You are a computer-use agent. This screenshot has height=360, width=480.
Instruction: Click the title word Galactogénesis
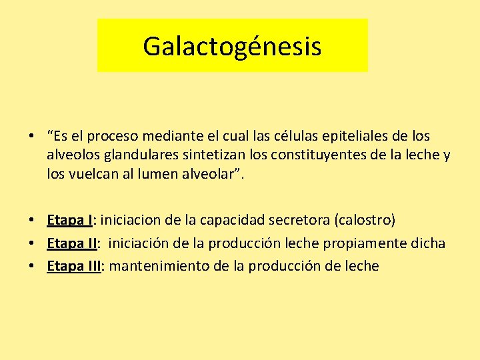point(232,47)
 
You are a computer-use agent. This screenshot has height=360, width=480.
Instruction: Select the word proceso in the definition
point(111,137)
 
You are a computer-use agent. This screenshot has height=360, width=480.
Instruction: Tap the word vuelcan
point(93,174)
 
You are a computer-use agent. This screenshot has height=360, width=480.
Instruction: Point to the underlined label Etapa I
point(69,220)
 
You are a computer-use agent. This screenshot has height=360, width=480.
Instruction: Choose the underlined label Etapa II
point(73,243)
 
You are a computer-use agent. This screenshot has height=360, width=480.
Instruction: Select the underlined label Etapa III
point(73,267)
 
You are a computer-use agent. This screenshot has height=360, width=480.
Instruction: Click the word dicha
point(429,243)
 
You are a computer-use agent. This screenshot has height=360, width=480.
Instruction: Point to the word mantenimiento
point(159,267)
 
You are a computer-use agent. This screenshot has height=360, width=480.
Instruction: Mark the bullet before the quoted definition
point(31,137)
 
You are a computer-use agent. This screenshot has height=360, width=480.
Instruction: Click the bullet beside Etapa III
point(31,267)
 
